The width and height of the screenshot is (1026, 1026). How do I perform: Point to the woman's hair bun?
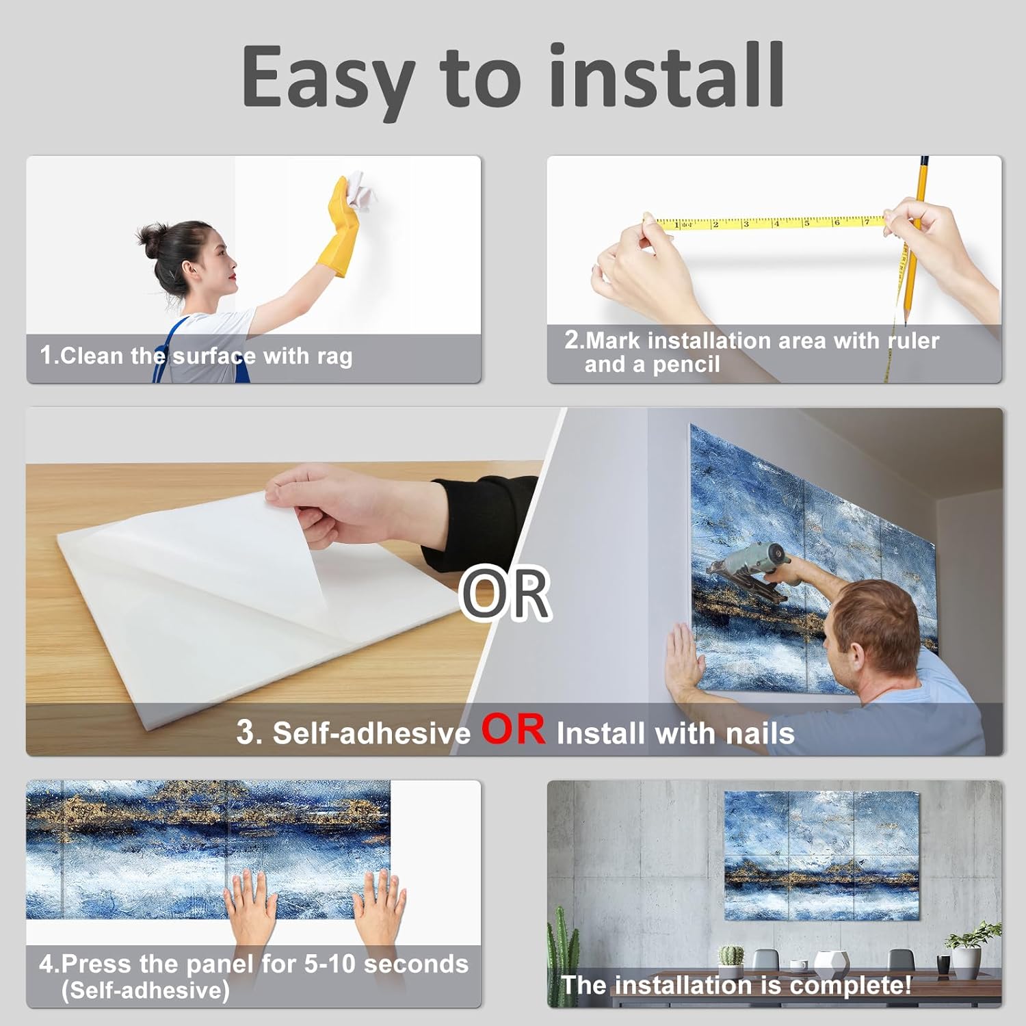click(x=150, y=237)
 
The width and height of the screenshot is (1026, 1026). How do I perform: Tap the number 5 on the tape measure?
click(x=806, y=223)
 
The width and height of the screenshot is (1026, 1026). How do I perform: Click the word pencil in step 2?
click(x=686, y=365)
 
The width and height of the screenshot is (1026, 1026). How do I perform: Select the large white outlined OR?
click(x=505, y=592)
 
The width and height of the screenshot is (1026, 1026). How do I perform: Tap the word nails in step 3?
click(x=760, y=733)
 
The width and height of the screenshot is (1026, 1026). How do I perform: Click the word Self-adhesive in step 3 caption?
click(x=372, y=733)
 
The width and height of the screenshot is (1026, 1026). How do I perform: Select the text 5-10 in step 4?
click(x=330, y=964)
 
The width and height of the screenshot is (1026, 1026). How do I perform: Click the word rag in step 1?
click(x=334, y=357)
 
